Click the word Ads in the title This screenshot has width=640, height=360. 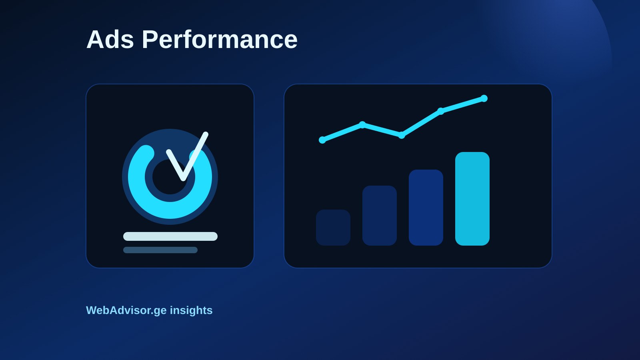click(x=110, y=39)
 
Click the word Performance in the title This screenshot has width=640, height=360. click(x=220, y=39)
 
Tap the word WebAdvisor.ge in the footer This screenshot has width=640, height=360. click(x=126, y=310)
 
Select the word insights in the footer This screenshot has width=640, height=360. click(x=191, y=310)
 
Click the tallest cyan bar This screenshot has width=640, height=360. click(x=472, y=198)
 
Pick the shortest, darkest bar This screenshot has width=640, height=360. click(x=333, y=228)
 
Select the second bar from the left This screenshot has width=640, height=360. click(x=380, y=216)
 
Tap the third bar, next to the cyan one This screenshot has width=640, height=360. click(x=426, y=208)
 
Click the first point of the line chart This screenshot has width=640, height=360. click(x=322, y=140)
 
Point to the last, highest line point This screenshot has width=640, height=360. click(x=484, y=98)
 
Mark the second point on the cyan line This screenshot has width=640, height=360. click(x=362, y=124)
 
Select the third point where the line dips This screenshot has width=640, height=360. click(x=402, y=135)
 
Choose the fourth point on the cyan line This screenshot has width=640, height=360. click(x=441, y=111)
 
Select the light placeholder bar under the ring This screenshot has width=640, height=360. click(x=170, y=236)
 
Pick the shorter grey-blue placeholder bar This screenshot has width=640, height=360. click(x=160, y=250)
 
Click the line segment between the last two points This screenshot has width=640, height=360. click(x=462, y=105)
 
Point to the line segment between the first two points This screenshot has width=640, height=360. click(x=342, y=132)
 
